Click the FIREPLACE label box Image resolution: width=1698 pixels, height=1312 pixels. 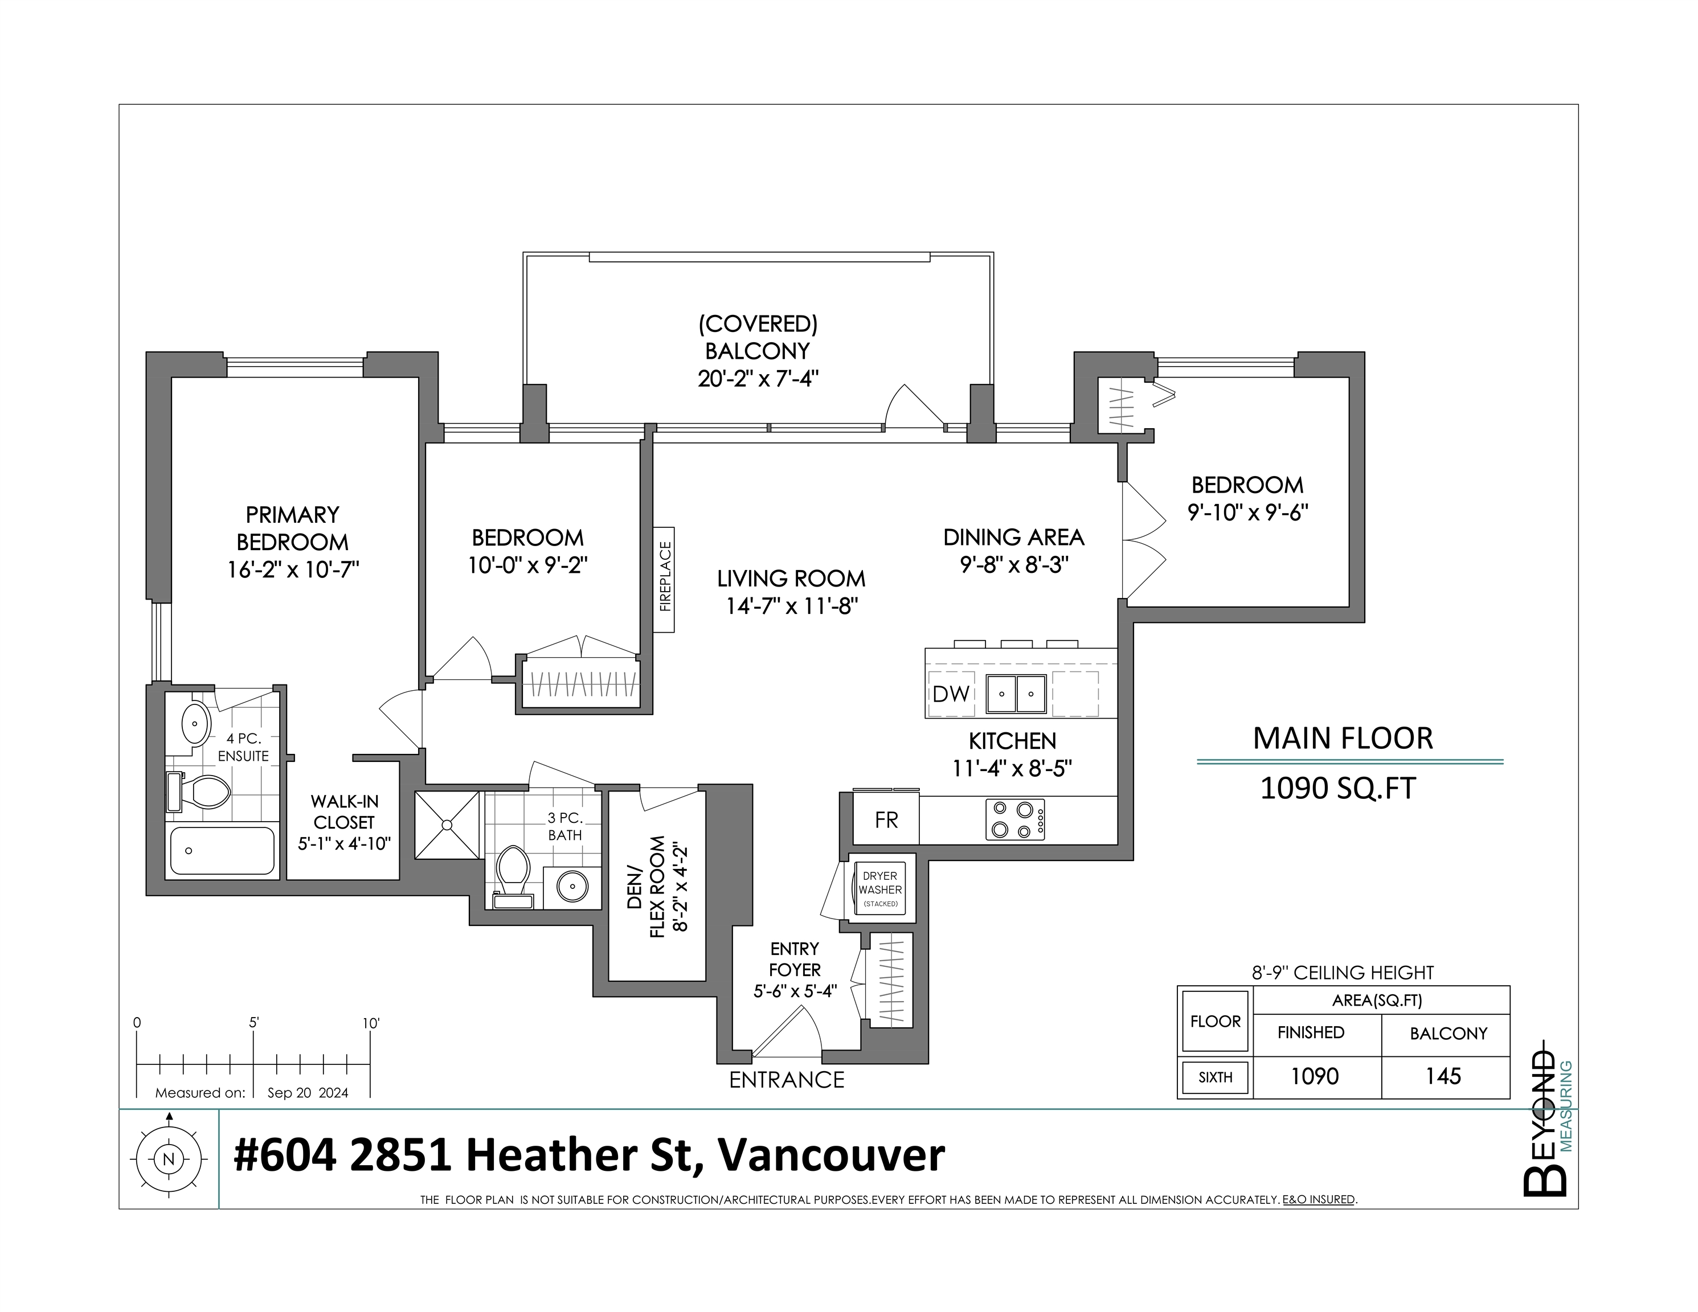tap(664, 579)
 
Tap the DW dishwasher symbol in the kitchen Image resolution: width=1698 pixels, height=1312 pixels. tap(951, 694)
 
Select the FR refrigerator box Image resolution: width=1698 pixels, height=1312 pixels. tap(886, 820)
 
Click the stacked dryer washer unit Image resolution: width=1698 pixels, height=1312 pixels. tap(880, 889)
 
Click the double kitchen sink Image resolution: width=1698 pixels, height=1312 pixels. tap(1016, 694)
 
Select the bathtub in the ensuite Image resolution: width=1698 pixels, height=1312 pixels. tap(222, 850)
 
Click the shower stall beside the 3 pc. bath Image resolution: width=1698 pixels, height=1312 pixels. tap(447, 825)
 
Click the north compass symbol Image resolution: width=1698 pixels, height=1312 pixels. tap(169, 1159)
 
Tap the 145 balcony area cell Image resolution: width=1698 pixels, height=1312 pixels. tap(1443, 1076)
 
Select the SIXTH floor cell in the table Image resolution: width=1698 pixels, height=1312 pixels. tap(1215, 1077)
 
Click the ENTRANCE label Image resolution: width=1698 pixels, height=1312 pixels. tap(786, 1080)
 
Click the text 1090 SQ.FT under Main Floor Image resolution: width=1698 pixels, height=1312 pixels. tap(1337, 788)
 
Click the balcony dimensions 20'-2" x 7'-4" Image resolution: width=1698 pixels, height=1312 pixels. tap(758, 379)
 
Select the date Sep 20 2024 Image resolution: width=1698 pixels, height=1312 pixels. tap(308, 1093)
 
